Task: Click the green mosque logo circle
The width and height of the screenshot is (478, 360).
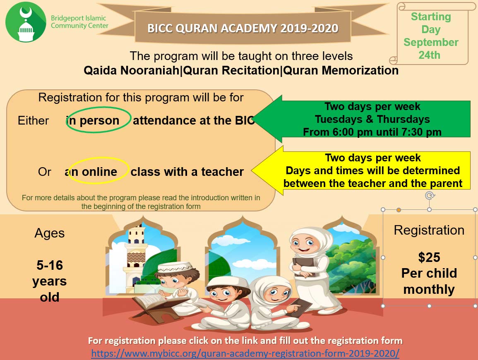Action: point(26,22)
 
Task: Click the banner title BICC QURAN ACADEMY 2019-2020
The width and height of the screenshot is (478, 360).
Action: point(243,29)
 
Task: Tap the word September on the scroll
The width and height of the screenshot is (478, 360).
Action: point(431,42)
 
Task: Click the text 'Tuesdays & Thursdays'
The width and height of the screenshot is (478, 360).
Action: point(372,119)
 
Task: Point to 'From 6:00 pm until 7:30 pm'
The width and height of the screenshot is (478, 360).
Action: point(372,132)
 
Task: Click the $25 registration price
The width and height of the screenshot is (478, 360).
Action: point(429,257)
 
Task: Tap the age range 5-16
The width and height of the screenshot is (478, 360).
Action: point(50,265)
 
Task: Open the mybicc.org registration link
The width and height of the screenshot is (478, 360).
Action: point(245,353)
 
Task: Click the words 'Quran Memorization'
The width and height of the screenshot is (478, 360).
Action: point(341,70)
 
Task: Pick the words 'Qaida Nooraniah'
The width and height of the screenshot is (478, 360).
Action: point(131,70)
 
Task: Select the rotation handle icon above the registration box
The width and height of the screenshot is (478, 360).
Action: point(430,195)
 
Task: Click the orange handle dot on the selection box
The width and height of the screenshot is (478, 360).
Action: point(399,210)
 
